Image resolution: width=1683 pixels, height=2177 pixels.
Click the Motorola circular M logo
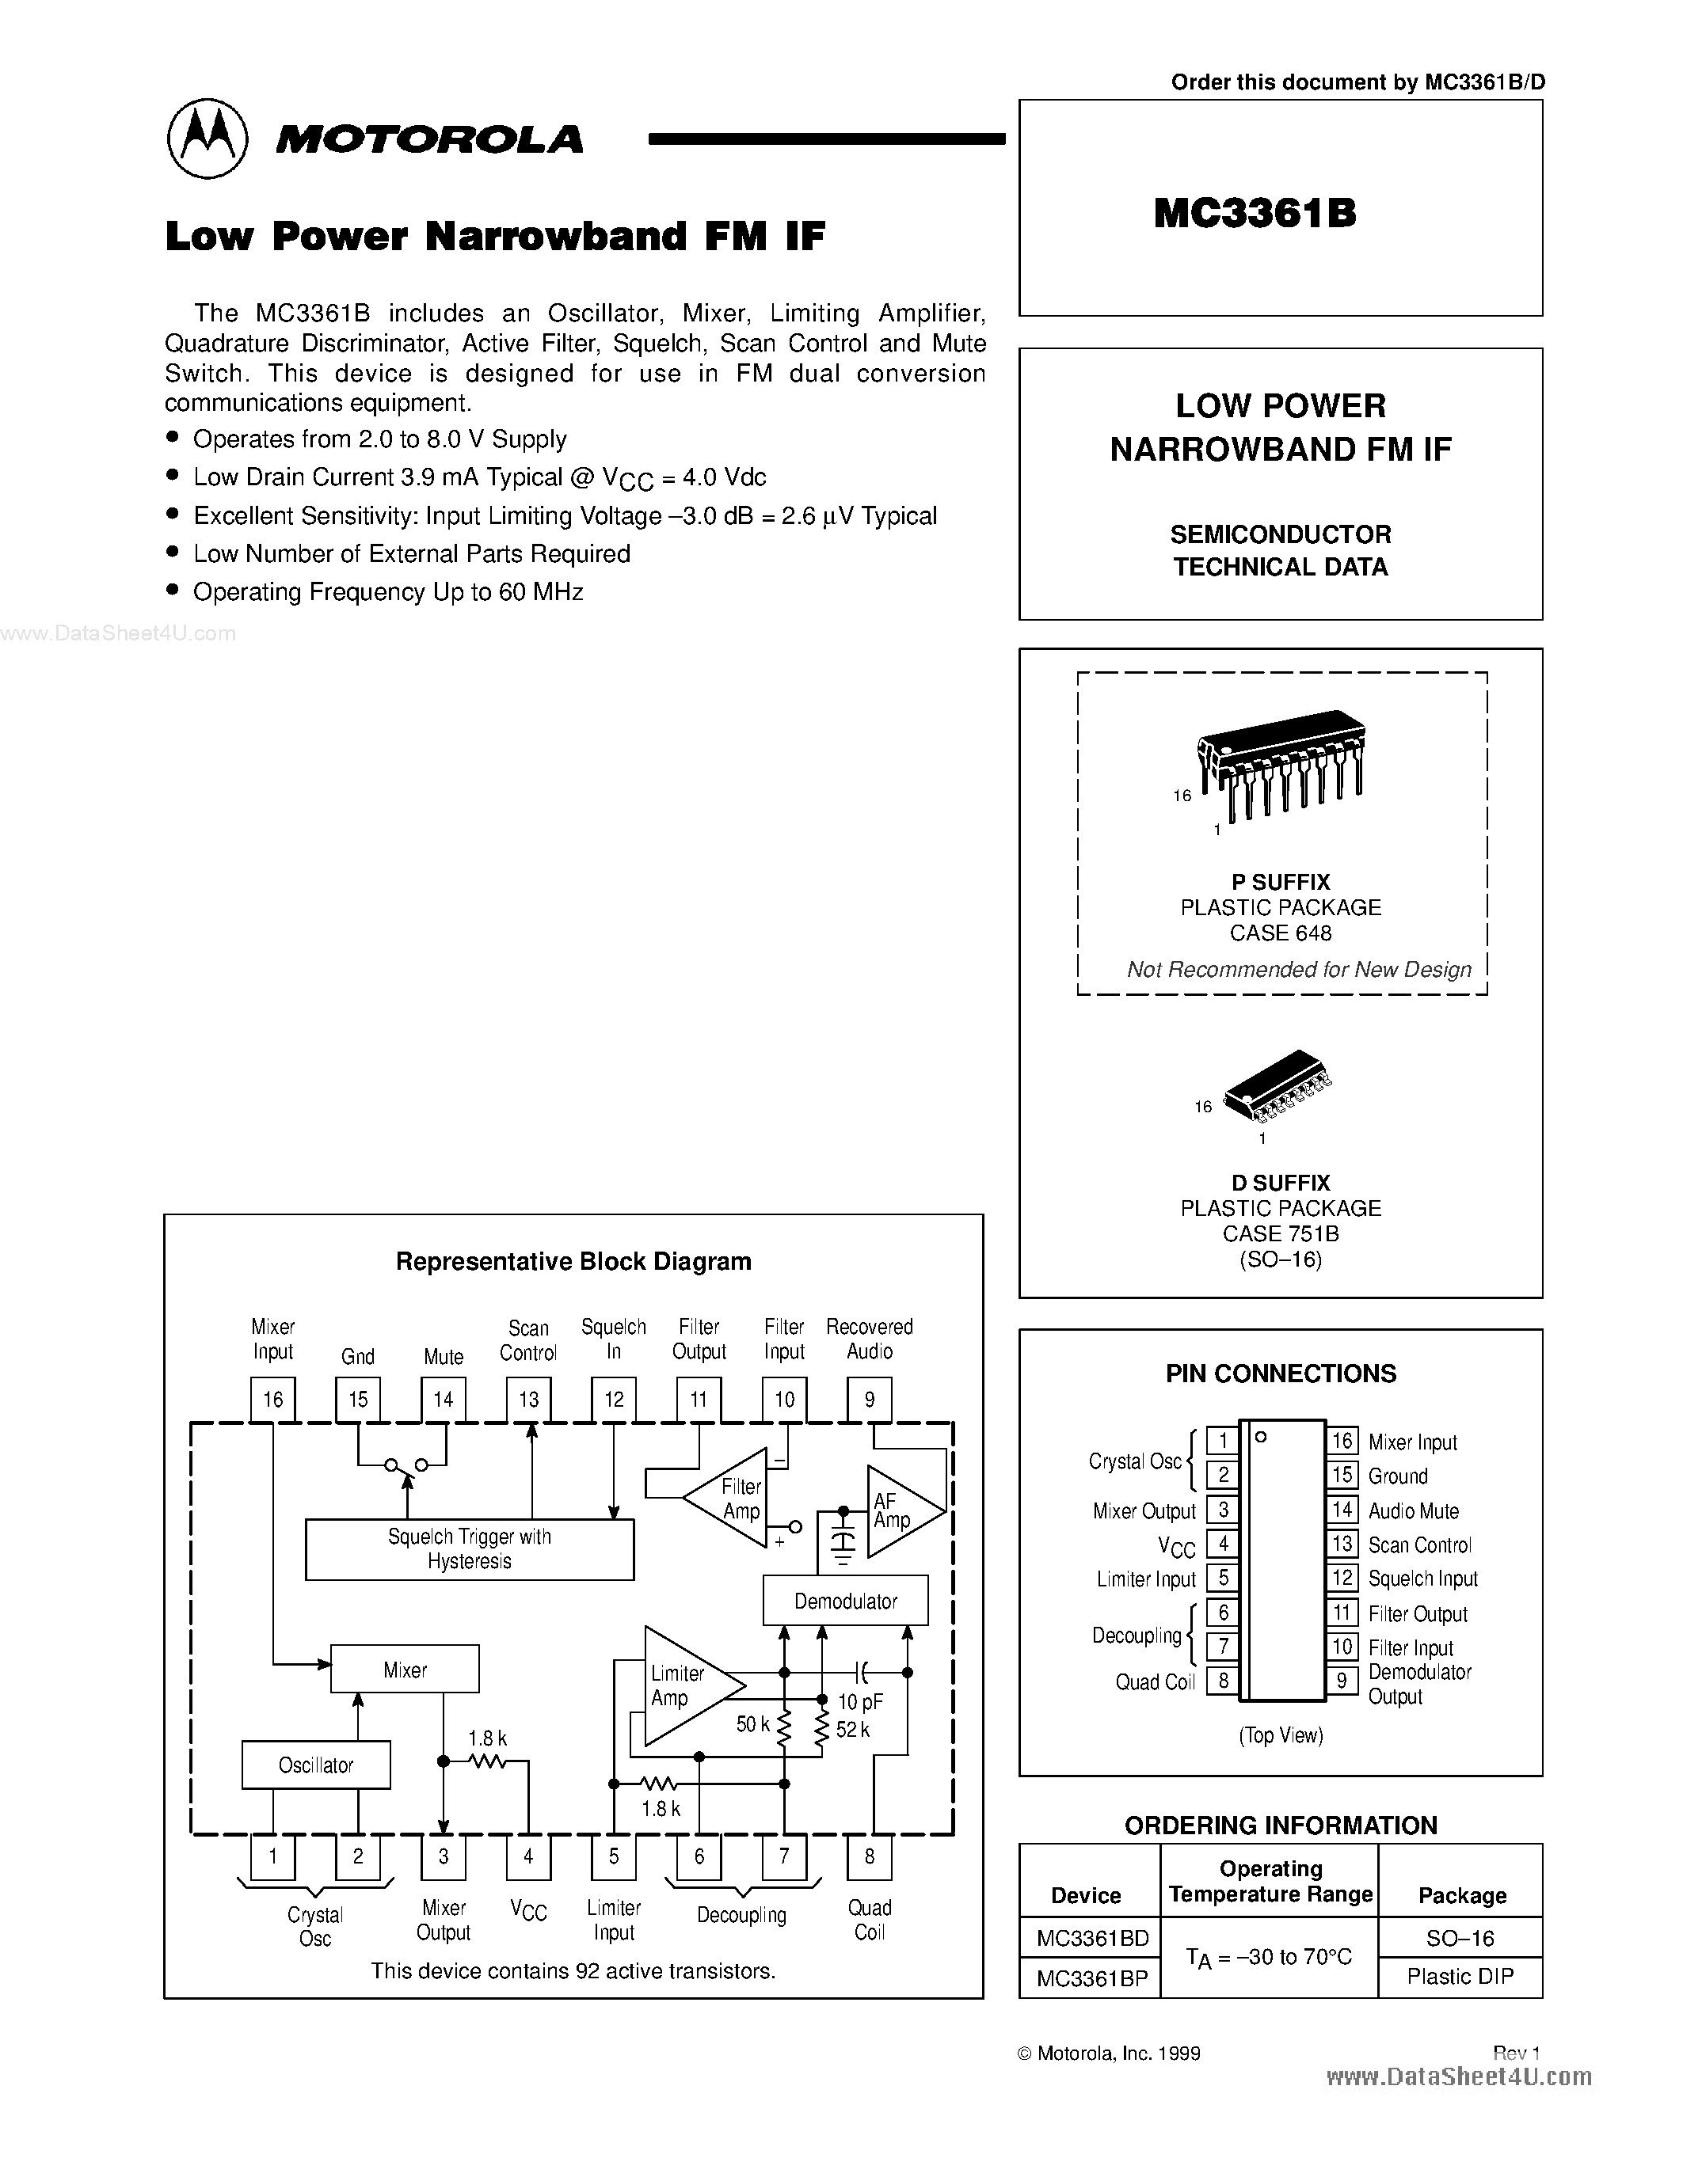[x=208, y=139]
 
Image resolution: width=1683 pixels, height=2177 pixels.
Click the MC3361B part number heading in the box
[x=1255, y=212]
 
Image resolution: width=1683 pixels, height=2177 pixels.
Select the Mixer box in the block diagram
[x=405, y=1669]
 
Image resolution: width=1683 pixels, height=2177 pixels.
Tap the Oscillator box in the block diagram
[x=316, y=1765]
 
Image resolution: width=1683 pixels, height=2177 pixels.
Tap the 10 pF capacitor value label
[x=859, y=1701]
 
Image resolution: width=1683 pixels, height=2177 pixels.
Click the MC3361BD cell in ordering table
[x=1091, y=1938]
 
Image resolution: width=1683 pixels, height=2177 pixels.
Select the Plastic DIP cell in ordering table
[x=1460, y=1976]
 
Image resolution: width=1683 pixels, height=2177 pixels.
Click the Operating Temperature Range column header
[x=1270, y=1881]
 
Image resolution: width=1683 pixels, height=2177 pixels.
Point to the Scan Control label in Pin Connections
[x=1418, y=1545]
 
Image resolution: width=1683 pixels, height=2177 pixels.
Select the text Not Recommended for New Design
[x=1298, y=969]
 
